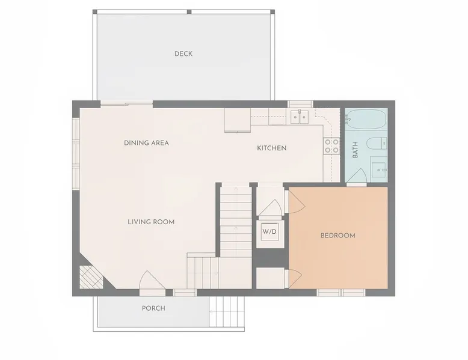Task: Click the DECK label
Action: tap(183, 54)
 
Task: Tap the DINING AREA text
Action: tap(146, 143)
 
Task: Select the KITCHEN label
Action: tap(272, 148)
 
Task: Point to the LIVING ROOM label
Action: tap(151, 222)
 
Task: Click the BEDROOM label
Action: tap(338, 236)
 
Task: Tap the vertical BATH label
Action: tap(355, 150)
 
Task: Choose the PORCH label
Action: tap(153, 308)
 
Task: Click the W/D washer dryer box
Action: tap(269, 232)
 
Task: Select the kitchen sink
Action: tap(300, 117)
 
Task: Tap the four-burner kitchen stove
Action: tap(331, 146)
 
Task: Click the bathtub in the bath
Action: tap(366, 119)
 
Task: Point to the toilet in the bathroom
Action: tap(377, 144)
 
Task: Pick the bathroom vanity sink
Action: tap(379, 169)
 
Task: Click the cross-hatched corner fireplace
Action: tap(91, 277)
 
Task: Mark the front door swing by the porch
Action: tap(152, 280)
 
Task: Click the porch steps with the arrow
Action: tap(227, 312)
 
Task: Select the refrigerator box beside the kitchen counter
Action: tap(238, 120)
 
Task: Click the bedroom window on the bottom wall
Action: tap(341, 292)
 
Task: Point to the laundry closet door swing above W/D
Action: tap(270, 207)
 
